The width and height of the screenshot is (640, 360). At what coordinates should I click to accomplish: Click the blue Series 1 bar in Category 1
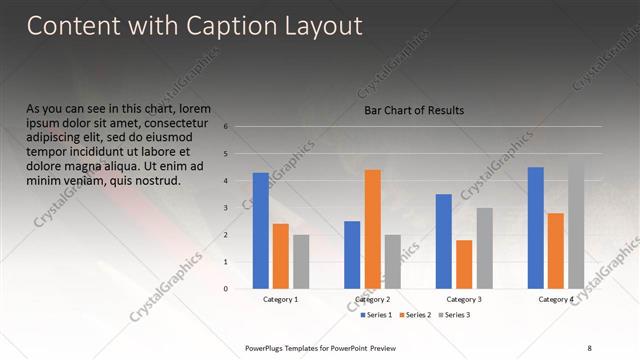point(261,230)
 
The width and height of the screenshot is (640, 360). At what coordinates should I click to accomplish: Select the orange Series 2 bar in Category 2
point(372,229)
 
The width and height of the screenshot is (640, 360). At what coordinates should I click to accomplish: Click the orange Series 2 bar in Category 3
point(464,264)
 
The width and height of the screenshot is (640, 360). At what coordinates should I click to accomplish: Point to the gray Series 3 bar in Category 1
point(301,262)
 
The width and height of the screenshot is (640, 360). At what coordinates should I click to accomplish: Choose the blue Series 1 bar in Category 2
point(352,255)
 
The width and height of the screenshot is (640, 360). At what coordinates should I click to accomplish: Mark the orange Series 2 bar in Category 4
point(555,251)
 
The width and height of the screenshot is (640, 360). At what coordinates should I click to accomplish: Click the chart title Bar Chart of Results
point(414,111)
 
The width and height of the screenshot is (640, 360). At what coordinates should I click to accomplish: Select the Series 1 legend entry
point(379,315)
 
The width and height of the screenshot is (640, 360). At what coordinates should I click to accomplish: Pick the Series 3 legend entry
point(453,315)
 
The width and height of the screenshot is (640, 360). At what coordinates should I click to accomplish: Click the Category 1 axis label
point(281,299)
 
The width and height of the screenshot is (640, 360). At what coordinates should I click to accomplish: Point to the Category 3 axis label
point(464,299)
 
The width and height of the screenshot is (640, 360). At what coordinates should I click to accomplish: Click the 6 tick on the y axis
point(227,127)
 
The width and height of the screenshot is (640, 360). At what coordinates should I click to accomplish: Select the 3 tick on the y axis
point(227,208)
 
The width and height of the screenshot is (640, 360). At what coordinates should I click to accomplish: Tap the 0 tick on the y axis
point(227,289)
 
